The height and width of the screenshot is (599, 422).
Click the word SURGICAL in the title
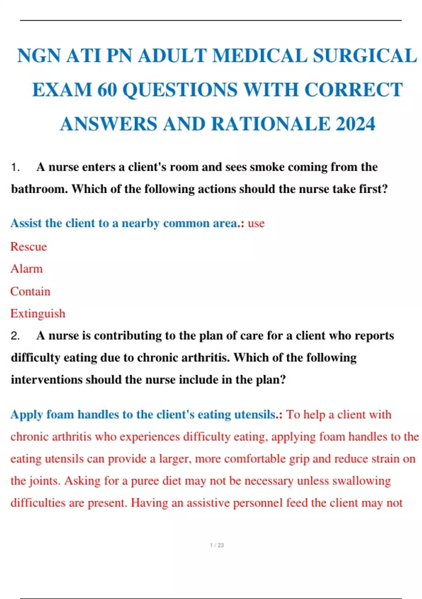tap(365, 56)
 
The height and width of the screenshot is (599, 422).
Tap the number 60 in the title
tap(107, 90)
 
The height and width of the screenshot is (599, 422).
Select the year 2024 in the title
tap(356, 124)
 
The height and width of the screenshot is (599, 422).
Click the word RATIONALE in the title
tap(271, 124)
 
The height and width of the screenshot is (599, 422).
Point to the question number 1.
tap(15, 167)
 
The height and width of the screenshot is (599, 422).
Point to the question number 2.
tap(15, 336)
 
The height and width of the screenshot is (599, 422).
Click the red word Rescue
tap(28, 247)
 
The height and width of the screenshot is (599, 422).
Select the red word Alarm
tap(26, 269)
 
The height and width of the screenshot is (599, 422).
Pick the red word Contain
tap(30, 291)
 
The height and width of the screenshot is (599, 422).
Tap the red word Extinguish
tap(38, 314)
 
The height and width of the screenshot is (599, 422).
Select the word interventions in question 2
tap(46, 380)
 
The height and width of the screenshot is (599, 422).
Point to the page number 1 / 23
tap(217, 545)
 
